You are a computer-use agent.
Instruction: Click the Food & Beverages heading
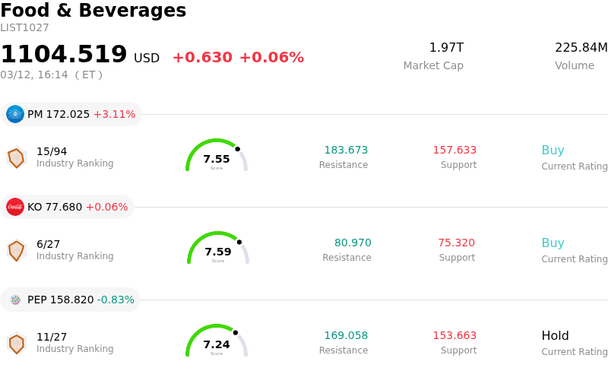pyautogui.click(x=93, y=11)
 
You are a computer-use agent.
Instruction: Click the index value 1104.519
pyautogui.click(x=64, y=55)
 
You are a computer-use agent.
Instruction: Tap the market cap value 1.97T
pyautogui.click(x=446, y=48)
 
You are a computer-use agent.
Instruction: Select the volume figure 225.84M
pyautogui.click(x=581, y=48)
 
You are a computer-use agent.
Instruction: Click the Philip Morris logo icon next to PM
pyautogui.click(x=15, y=114)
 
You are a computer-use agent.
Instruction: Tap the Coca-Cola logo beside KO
pyautogui.click(x=15, y=207)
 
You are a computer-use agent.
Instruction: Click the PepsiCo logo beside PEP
pyautogui.click(x=15, y=300)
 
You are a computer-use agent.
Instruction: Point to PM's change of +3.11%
pyautogui.click(x=114, y=114)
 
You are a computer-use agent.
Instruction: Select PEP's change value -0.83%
pyautogui.click(x=116, y=300)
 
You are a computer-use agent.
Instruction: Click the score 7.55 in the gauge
pyautogui.click(x=217, y=159)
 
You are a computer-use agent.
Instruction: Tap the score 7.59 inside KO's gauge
pyautogui.click(x=218, y=252)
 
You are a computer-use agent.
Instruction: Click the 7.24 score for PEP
pyautogui.click(x=217, y=344)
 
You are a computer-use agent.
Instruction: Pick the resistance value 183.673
pyautogui.click(x=346, y=150)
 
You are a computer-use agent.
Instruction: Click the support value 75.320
pyautogui.click(x=456, y=243)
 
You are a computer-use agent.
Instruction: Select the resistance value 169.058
pyautogui.click(x=346, y=335)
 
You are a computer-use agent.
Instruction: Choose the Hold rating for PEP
pyautogui.click(x=555, y=335)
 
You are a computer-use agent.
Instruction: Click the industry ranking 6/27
pyautogui.click(x=48, y=244)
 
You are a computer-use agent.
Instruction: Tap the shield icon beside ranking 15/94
pyautogui.click(x=16, y=157)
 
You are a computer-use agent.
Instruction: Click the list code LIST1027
pyautogui.click(x=24, y=27)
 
